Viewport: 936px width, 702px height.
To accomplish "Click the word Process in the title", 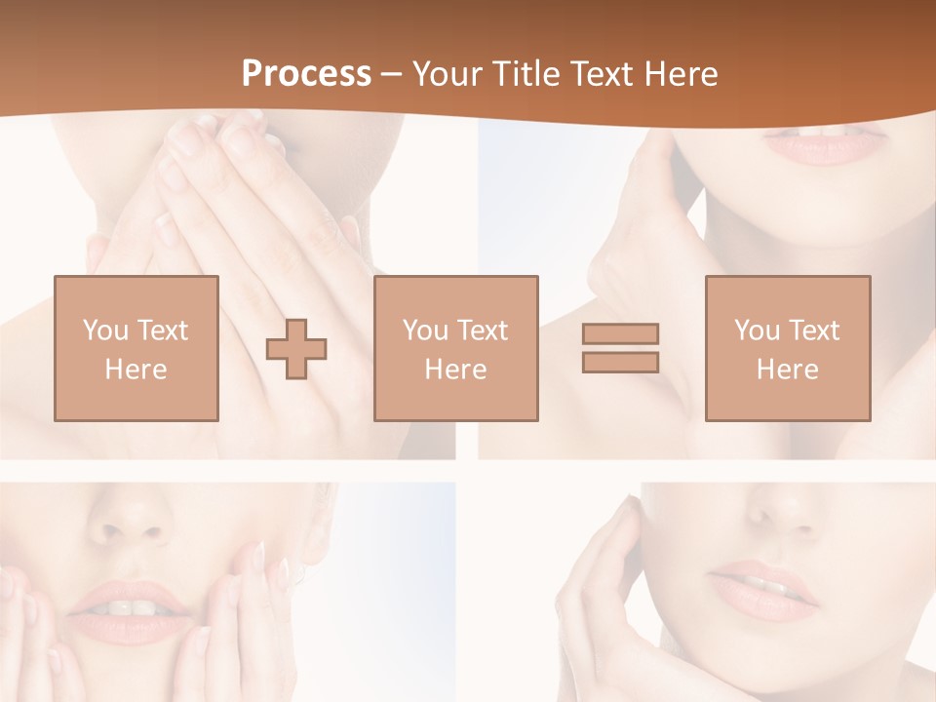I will tap(306, 74).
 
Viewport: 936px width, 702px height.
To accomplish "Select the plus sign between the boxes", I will tap(296, 348).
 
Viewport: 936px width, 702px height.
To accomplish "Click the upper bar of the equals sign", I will tap(620, 333).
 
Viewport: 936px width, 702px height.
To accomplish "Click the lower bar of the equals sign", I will tap(620, 362).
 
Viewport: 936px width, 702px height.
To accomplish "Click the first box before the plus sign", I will tap(136, 348).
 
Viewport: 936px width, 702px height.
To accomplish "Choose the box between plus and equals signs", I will tap(456, 348).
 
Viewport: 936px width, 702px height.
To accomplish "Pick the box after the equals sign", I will tap(788, 348).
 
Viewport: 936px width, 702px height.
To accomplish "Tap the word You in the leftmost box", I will tap(104, 331).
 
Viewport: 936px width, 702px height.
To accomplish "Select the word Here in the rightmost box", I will tap(788, 370).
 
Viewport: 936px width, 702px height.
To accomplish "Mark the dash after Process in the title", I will tap(392, 74).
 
